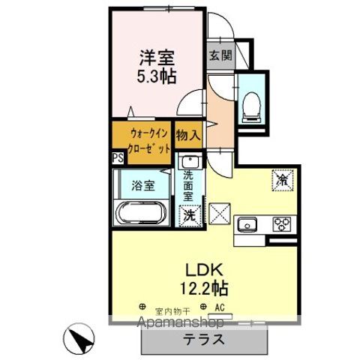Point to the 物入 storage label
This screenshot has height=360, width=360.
(187, 135)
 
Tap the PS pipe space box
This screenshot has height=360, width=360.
(117, 157)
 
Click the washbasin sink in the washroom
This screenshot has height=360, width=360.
(188, 161)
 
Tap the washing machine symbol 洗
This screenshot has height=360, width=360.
(189, 214)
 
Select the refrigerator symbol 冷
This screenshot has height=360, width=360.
(282, 181)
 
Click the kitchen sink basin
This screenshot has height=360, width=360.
(247, 223)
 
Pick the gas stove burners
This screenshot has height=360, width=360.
(283, 223)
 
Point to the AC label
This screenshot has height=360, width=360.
(220, 307)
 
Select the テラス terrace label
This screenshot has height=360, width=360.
(203, 337)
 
